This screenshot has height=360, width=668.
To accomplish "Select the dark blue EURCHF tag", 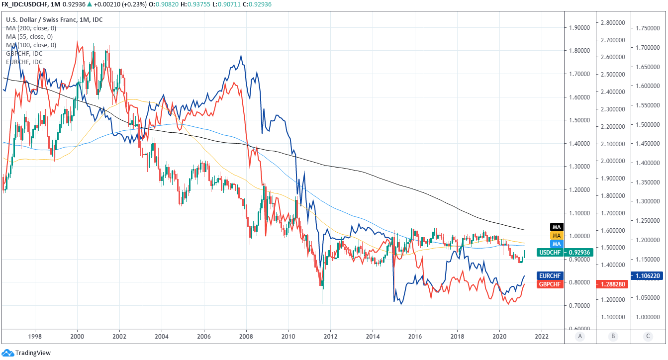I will tap(550, 275).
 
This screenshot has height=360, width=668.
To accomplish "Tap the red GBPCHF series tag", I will tap(550, 284).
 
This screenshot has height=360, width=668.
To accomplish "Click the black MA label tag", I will tap(557, 227).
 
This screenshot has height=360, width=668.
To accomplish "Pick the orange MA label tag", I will tap(557, 235).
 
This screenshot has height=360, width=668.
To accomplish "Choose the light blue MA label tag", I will tap(557, 244).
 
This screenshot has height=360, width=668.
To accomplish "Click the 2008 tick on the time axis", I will tap(246, 336).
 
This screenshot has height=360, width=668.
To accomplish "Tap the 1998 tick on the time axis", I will tap(35, 336).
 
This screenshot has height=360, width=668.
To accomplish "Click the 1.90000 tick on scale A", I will tap(579, 27).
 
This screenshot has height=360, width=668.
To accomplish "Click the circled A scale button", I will tap(579, 337).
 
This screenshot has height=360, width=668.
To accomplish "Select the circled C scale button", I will tap(648, 337).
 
